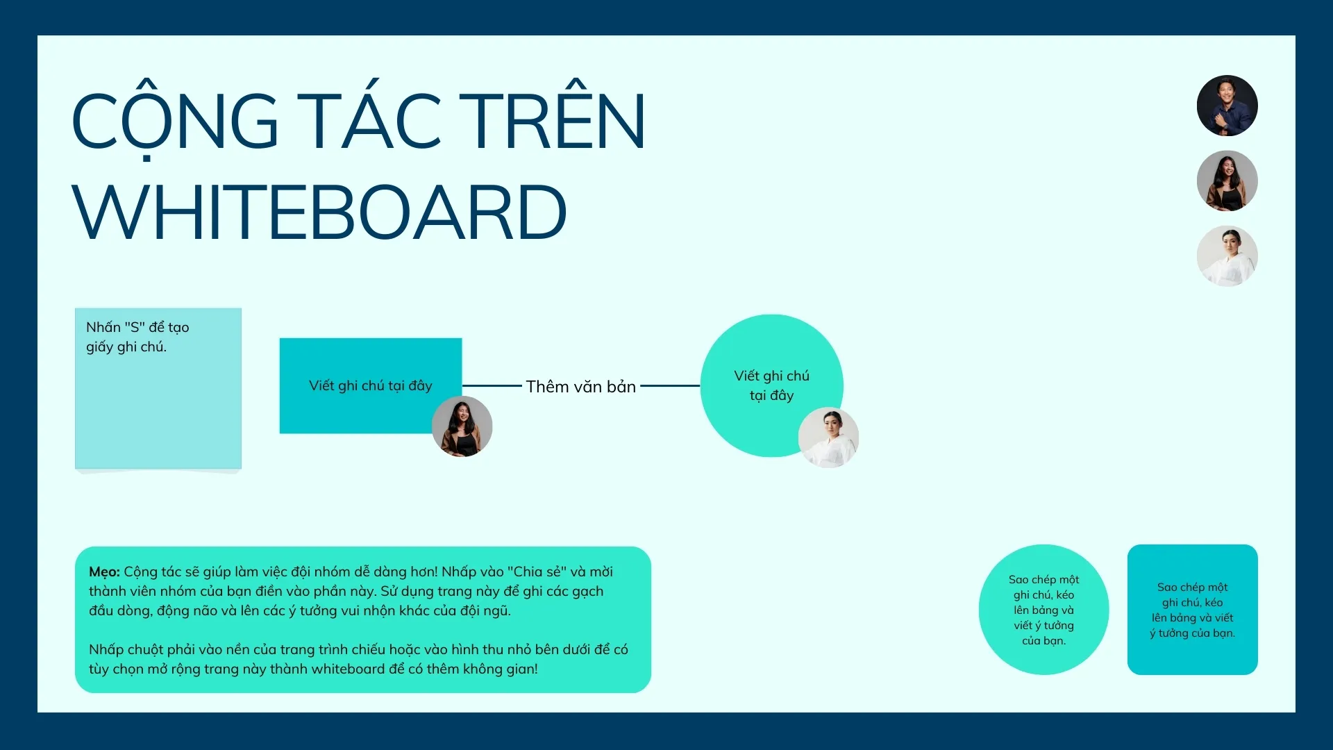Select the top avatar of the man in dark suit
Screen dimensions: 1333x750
pos(1227,106)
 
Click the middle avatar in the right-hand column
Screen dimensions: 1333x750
pos(1227,181)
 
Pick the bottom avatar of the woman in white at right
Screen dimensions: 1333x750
pos(1227,256)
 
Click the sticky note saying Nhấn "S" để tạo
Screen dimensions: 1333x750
pos(158,388)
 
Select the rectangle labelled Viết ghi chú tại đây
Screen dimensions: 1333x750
pos(370,385)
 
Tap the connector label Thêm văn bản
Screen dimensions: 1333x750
pos(581,387)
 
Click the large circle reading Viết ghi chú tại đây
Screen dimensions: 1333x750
pos(771,385)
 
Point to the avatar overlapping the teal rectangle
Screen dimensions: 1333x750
pos(462,426)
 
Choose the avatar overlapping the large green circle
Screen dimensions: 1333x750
pos(828,437)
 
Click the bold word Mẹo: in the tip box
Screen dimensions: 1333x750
pos(104,572)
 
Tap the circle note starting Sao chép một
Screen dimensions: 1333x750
pos(1043,609)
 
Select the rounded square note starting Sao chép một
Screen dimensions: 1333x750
pos(1192,609)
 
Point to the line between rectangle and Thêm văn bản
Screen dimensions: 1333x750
pos(492,385)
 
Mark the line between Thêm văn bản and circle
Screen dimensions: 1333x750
pos(670,385)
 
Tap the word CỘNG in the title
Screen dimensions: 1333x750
pos(176,121)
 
